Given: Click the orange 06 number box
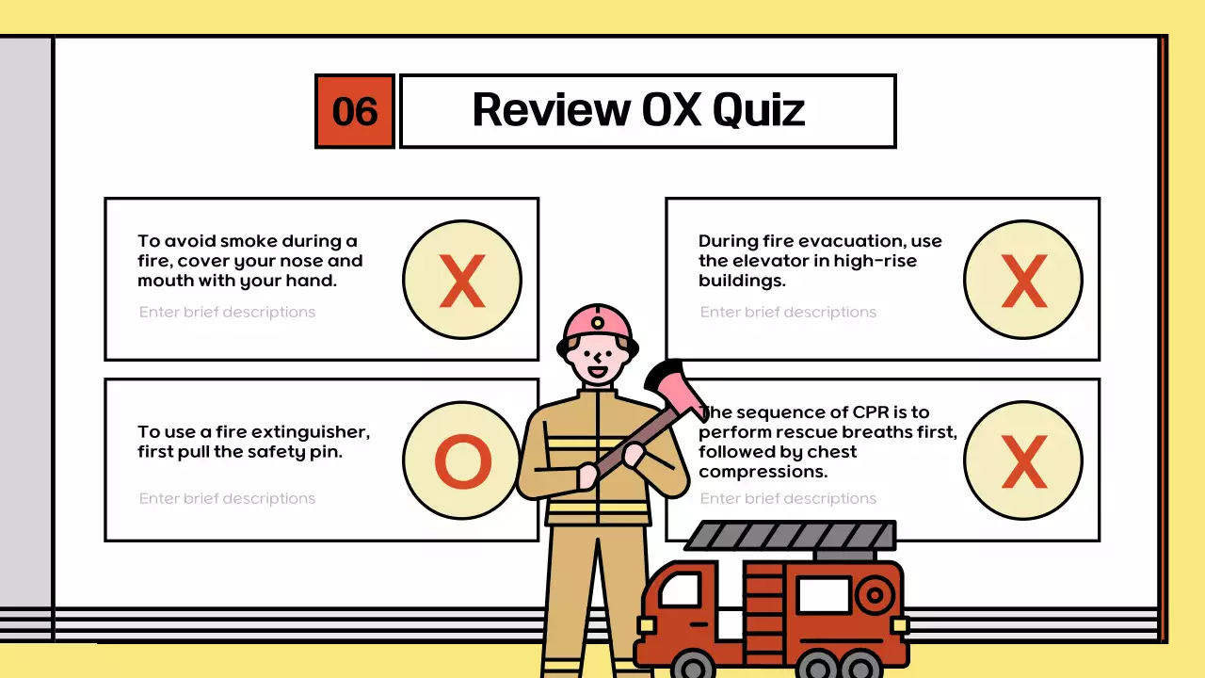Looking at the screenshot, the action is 355,111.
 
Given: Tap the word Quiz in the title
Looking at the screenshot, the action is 759,111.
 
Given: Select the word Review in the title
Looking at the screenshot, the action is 552,109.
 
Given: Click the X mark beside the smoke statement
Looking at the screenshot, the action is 462,280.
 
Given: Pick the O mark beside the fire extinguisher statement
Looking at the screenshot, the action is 462,461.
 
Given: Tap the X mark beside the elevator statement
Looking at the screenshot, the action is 1023,280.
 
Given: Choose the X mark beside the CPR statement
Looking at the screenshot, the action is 1023,461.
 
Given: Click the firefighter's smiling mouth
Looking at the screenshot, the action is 597,371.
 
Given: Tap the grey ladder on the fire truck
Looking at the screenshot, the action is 791,535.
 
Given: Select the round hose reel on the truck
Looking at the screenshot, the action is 875,595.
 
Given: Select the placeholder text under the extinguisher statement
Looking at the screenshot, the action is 227,498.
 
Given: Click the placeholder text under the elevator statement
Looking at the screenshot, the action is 788,312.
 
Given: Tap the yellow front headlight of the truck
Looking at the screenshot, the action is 646,626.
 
